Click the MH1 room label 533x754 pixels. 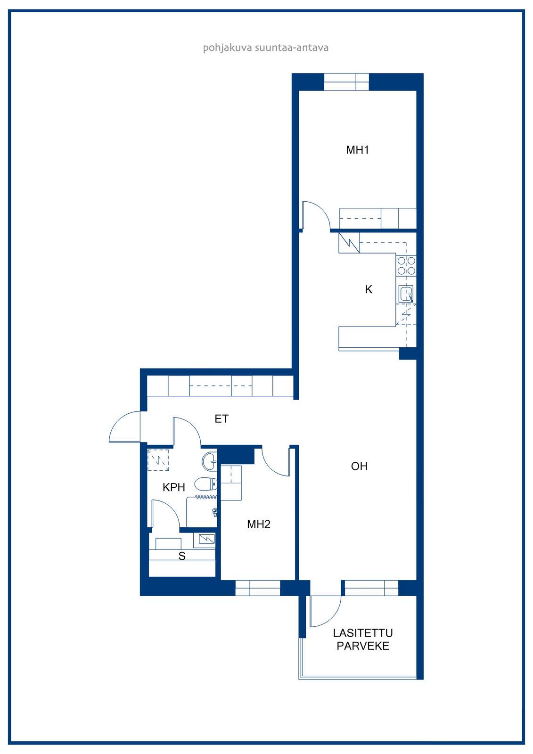point(357,150)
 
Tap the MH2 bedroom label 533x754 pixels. point(259,524)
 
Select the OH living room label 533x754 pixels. point(359,466)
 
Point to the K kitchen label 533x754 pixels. point(369,289)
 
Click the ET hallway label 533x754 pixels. point(221,419)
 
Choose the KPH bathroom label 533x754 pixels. point(174,487)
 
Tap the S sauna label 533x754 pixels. point(182,556)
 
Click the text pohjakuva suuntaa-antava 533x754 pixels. point(266,48)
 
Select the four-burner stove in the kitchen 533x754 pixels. point(406,266)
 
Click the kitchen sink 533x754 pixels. point(406,294)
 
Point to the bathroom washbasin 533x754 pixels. point(209,461)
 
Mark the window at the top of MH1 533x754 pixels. point(346,82)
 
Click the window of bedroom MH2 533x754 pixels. point(258,588)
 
